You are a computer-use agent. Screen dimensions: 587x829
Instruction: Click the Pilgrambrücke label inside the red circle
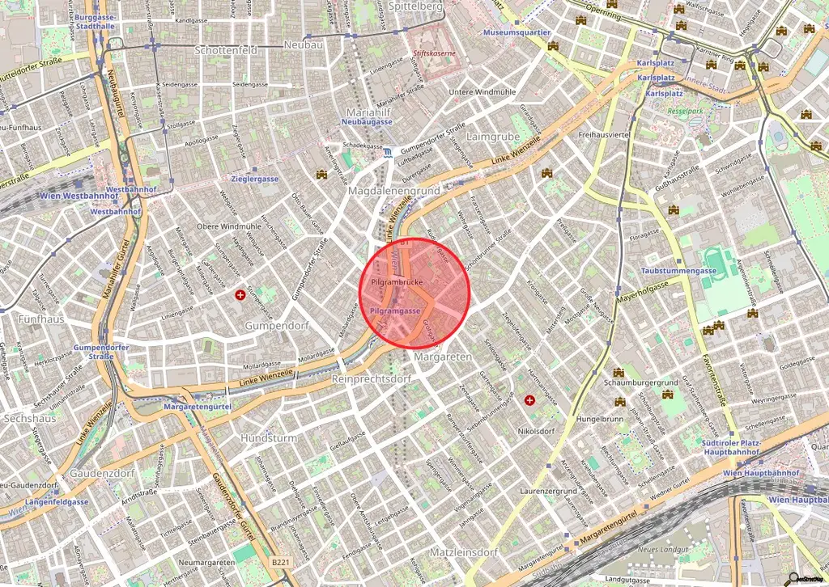(x=396, y=283)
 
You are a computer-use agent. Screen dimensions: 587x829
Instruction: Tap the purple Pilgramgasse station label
(x=394, y=310)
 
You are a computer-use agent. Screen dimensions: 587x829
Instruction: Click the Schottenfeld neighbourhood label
(x=226, y=50)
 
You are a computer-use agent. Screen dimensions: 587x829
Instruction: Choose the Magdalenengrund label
(x=393, y=190)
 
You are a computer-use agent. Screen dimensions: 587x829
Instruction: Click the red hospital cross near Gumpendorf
(x=240, y=296)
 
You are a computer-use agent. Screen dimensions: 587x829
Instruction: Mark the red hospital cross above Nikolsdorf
(x=530, y=399)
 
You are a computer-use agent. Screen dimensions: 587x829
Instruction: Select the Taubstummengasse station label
(x=680, y=271)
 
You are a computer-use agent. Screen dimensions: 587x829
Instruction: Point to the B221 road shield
(x=280, y=561)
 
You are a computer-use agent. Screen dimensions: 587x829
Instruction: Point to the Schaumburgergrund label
(x=640, y=382)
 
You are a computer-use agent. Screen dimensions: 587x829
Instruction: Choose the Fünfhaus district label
(x=40, y=319)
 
